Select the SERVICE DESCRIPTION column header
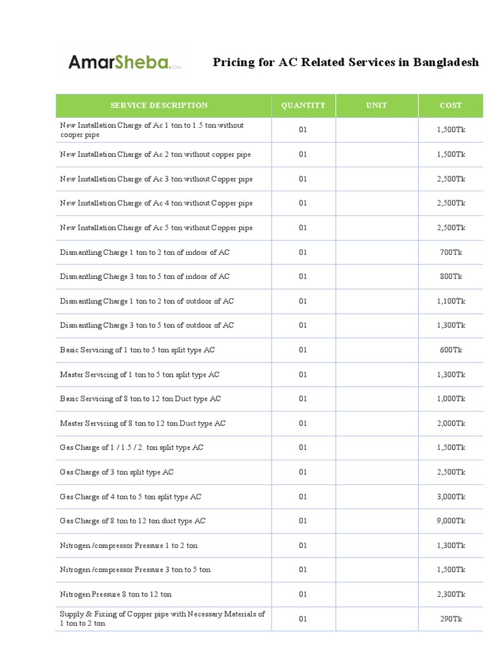point(160,106)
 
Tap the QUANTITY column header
point(303,106)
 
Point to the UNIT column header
point(377,106)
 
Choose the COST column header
point(451,106)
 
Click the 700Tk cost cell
point(451,252)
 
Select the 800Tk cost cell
point(451,277)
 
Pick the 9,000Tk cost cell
point(451,521)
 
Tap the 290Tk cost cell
point(451,619)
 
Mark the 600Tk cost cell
point(451,350)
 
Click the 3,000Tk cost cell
point(451,497)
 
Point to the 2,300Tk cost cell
point(451,594)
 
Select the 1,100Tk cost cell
point(451,301)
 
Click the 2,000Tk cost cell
point(451,423)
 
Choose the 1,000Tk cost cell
point(451,399)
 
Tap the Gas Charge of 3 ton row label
point(117,472)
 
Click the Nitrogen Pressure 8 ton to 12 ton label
point(116,594)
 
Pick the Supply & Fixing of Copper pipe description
point(162,619)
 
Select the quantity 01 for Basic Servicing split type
point(303,350)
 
